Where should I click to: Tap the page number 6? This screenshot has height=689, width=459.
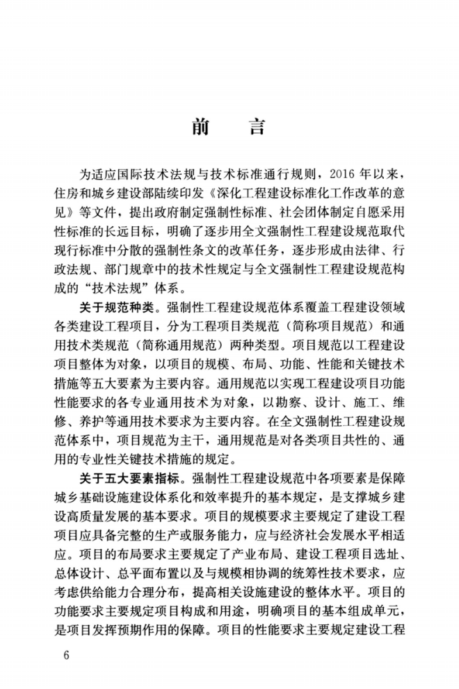point(66,656)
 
